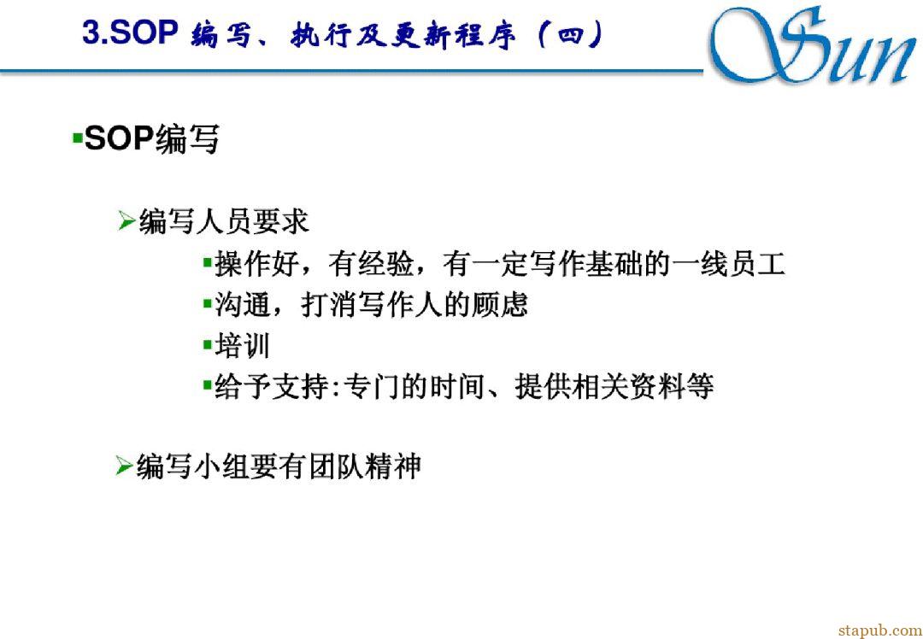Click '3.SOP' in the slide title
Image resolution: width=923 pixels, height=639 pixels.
pos(130,34)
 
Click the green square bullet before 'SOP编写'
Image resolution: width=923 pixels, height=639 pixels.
pos(77,139)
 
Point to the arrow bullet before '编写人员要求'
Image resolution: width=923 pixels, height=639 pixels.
pos(126,223)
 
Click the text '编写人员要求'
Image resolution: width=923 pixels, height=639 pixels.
pos(224,223)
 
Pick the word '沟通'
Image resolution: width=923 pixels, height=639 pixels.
pos(241,305)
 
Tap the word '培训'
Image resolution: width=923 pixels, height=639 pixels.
pos(241,346)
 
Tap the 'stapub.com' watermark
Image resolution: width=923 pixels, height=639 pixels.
pos(880,630)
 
